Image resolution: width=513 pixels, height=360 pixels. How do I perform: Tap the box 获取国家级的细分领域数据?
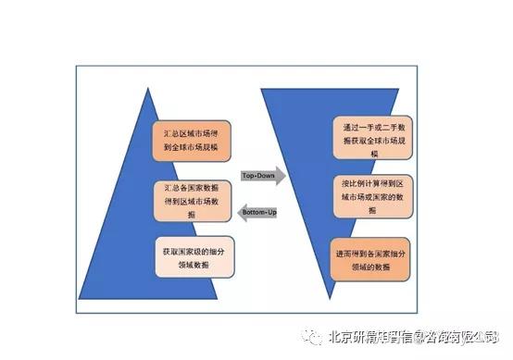191,255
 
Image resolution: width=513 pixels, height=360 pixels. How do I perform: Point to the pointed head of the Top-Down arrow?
283,175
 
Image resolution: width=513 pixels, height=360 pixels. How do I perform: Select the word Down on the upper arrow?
271,175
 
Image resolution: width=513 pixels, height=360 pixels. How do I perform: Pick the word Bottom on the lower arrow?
252,212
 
